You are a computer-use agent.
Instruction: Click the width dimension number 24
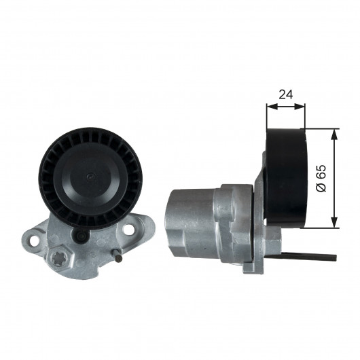(x=286, y=94)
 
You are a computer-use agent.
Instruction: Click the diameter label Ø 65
(x=321, y=178)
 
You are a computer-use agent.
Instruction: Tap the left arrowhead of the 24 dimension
(x=272, y=106)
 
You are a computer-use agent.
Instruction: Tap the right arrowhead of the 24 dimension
(x=300, y=106)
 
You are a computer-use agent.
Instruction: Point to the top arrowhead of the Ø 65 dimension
(x=335, y=134)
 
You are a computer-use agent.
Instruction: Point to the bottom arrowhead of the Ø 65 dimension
(x=335, y=223)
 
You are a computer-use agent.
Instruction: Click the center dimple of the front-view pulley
(x=90, y=177)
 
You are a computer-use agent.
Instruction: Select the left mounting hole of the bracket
(x=34, y=240)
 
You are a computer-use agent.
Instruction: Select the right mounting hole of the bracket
(x=129, y=228)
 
